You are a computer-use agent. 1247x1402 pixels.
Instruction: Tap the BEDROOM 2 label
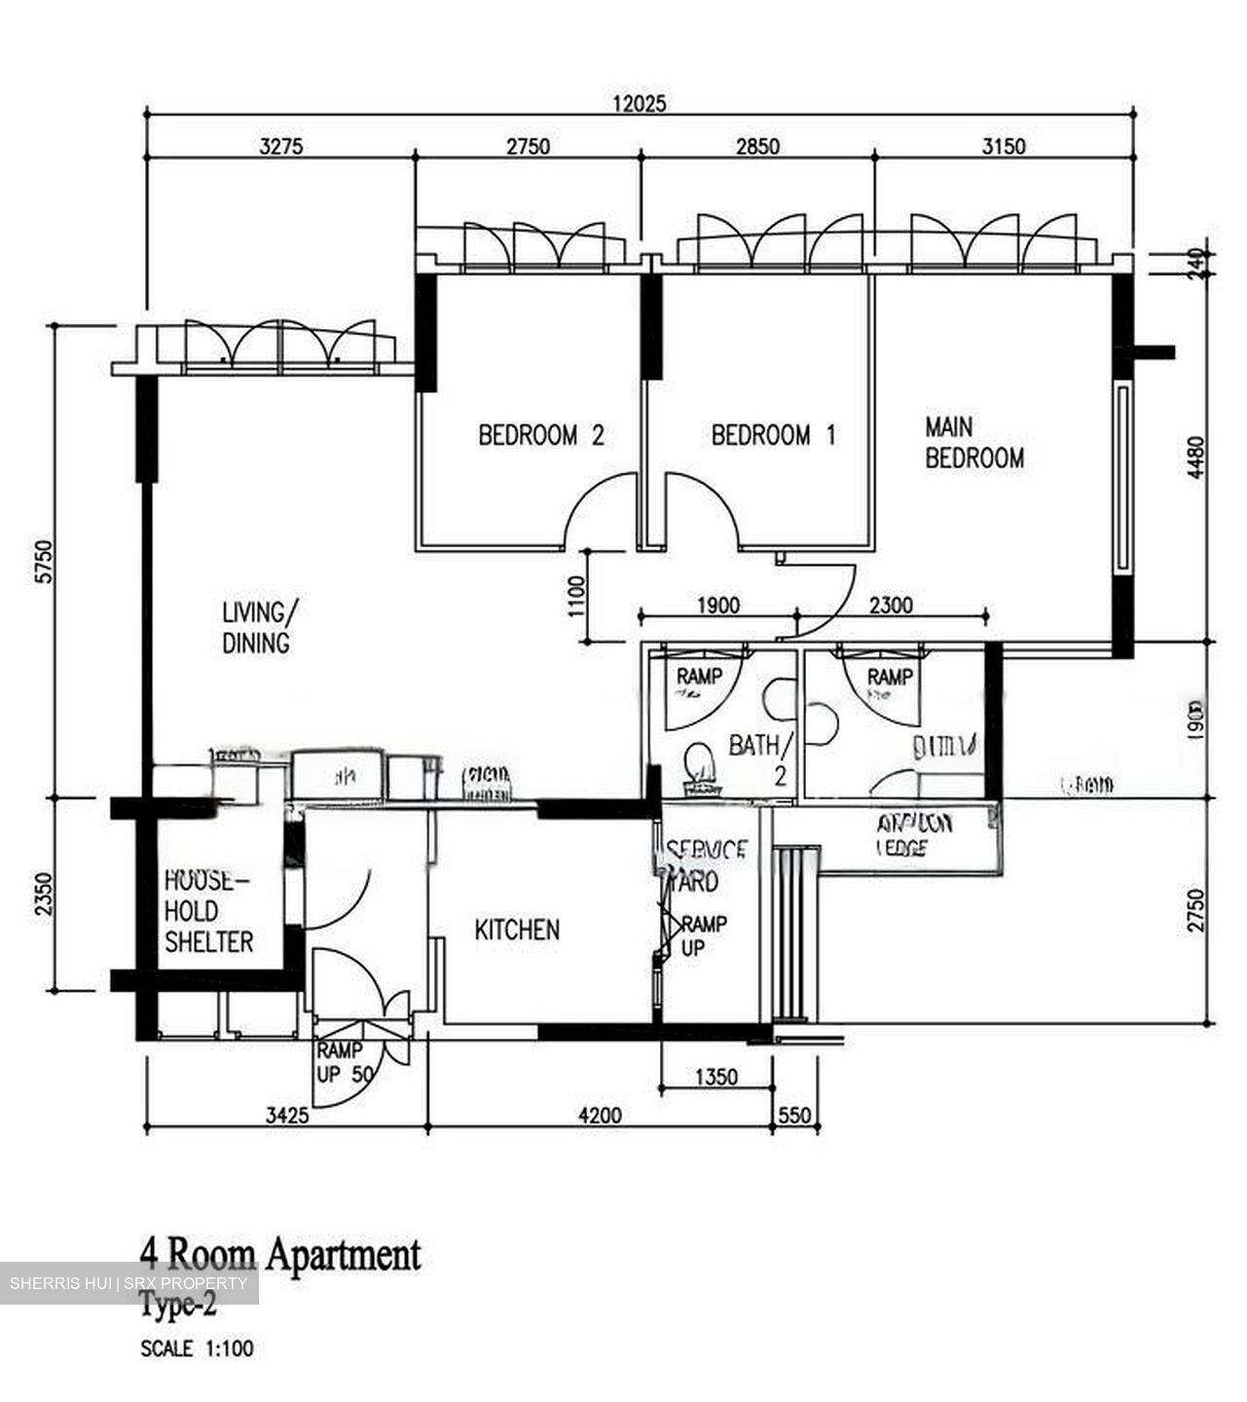[541, 434]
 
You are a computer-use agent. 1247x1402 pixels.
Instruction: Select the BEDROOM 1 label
[773, 434]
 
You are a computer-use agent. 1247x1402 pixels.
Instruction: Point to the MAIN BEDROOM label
[973, 442]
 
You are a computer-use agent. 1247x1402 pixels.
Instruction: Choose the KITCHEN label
[517, 930]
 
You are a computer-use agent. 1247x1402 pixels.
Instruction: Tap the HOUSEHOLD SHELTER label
[208, 911]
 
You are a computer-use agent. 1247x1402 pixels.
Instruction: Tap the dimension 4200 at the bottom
[600, 1116]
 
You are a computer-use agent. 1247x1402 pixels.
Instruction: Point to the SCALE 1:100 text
[198, 1349]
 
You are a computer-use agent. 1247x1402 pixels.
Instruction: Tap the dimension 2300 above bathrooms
[890, 606]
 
